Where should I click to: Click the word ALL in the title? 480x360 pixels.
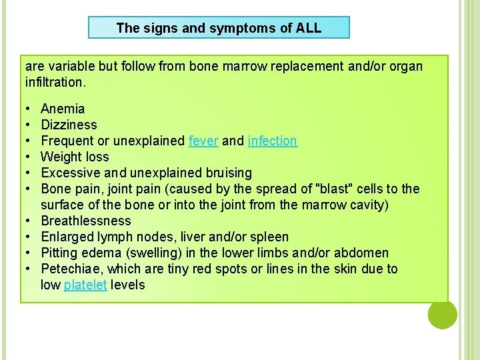click(307, 28)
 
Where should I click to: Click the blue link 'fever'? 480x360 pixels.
click(203, 141)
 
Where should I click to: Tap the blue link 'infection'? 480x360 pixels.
click(272, 141)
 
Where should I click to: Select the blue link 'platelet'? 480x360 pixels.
click(85, 285)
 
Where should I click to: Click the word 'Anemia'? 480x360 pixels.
click(63, 109)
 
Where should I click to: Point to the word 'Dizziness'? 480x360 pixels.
click(69, 125)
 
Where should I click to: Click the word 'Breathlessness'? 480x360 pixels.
click(86, 221)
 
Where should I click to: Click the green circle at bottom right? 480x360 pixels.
click(442, 314)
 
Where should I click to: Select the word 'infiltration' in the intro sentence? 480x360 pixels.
click(55, 83)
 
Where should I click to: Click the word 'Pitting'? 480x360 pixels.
click(59, 253)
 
